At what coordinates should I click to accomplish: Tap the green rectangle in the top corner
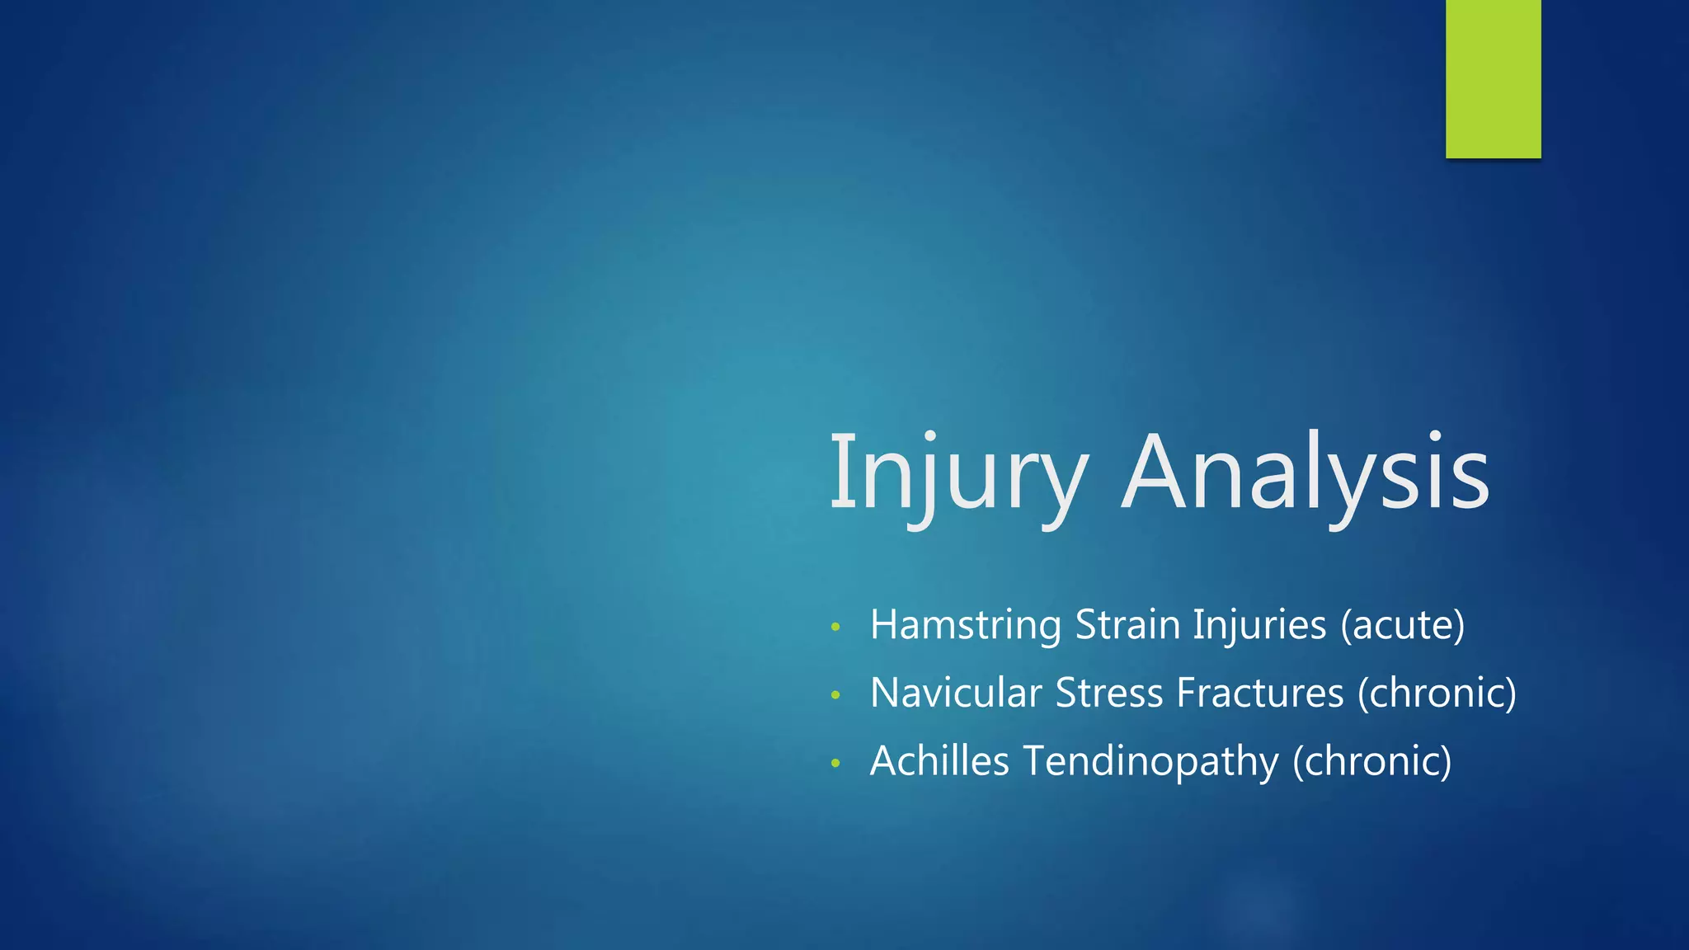point(1493,78)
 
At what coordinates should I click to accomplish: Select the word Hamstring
point(965,626)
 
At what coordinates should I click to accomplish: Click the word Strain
point(1127,624)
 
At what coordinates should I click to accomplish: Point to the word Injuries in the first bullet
point(1259,626)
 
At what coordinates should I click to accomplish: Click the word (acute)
point(1403,625)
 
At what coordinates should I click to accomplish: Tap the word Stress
point(1108,693)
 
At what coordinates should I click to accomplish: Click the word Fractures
point(1259,693)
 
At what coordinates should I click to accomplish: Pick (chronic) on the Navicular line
point(1437,694)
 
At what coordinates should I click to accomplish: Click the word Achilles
point(939,760)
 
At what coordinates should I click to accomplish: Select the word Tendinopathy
point(1150,762)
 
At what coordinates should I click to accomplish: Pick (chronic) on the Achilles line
point(1371,761)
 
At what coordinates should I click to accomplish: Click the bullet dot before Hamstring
point(835,628)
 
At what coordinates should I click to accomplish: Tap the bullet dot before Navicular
point(835,695)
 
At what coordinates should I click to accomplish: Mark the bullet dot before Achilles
point(835,763)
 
